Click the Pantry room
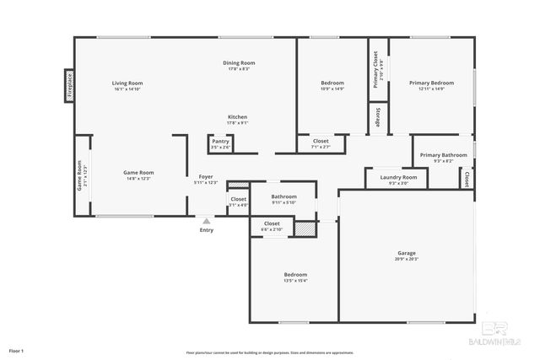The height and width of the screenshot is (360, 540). [220, 143]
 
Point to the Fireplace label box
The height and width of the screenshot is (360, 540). [70, 84]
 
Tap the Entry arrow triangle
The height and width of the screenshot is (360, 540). [206, 221]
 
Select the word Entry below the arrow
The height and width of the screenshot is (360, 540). [206, 230]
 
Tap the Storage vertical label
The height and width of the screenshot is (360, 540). [377, 118]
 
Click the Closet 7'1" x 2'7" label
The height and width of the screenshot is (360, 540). [321, 143]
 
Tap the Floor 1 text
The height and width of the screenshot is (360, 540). [16, 350]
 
